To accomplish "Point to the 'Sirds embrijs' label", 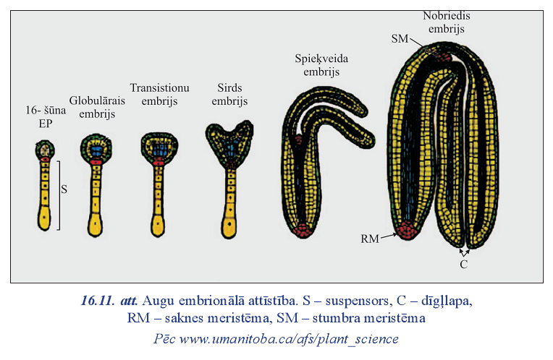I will click(x=229, y=94).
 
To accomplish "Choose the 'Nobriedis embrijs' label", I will click(x=446, y=22).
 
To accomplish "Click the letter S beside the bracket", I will click(x=64, y=189).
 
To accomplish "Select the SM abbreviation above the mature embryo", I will click(x=400, y=38).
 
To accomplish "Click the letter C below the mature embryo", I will click(x=464, y=264).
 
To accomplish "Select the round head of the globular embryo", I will click(x=96, y=147).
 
